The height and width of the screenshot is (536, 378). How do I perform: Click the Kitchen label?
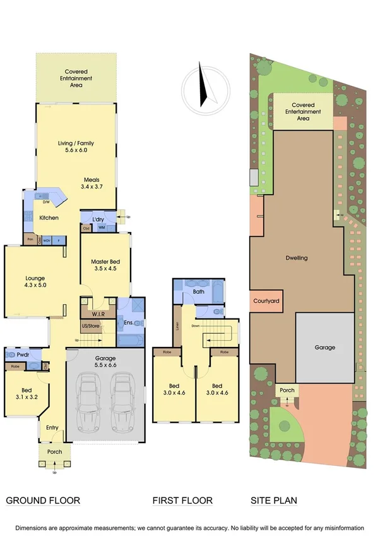coord(49,218)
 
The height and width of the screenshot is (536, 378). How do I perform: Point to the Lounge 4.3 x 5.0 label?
coord(35,281)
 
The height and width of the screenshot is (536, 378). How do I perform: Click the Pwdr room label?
coord(24,356)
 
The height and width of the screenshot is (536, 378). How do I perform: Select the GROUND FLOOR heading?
coord(43,501)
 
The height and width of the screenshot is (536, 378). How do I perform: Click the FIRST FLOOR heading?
coord(182,501)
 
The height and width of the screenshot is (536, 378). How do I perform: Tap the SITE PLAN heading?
coord(274,501)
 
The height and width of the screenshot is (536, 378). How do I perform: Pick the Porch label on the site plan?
coord(286,390)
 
